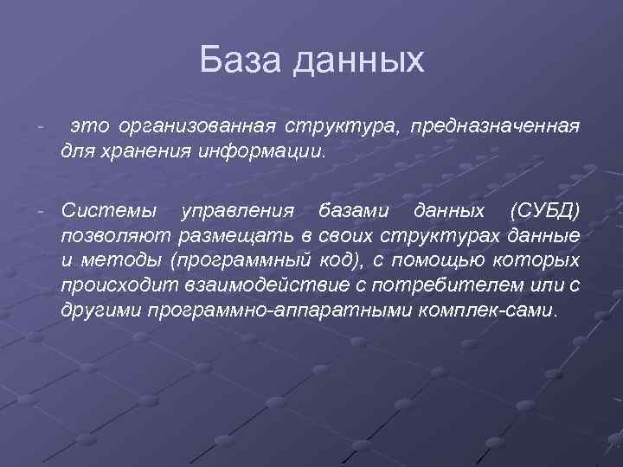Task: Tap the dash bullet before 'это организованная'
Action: coord(41,127)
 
